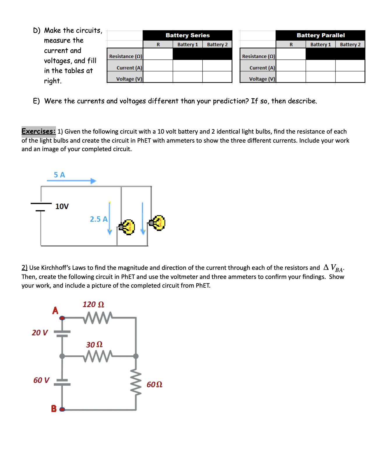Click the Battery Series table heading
187,35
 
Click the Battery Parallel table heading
320,35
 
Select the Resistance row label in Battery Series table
125,56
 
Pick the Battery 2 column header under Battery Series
217,44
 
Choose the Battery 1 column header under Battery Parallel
320,44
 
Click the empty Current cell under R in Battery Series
158,68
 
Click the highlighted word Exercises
38,131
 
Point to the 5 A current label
59,175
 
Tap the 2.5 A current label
99,219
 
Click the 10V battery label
62,207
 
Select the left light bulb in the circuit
127,227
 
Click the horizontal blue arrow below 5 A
71,181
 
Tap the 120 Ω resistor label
93,305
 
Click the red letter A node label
55,310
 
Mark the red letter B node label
54,408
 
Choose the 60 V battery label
41,380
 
